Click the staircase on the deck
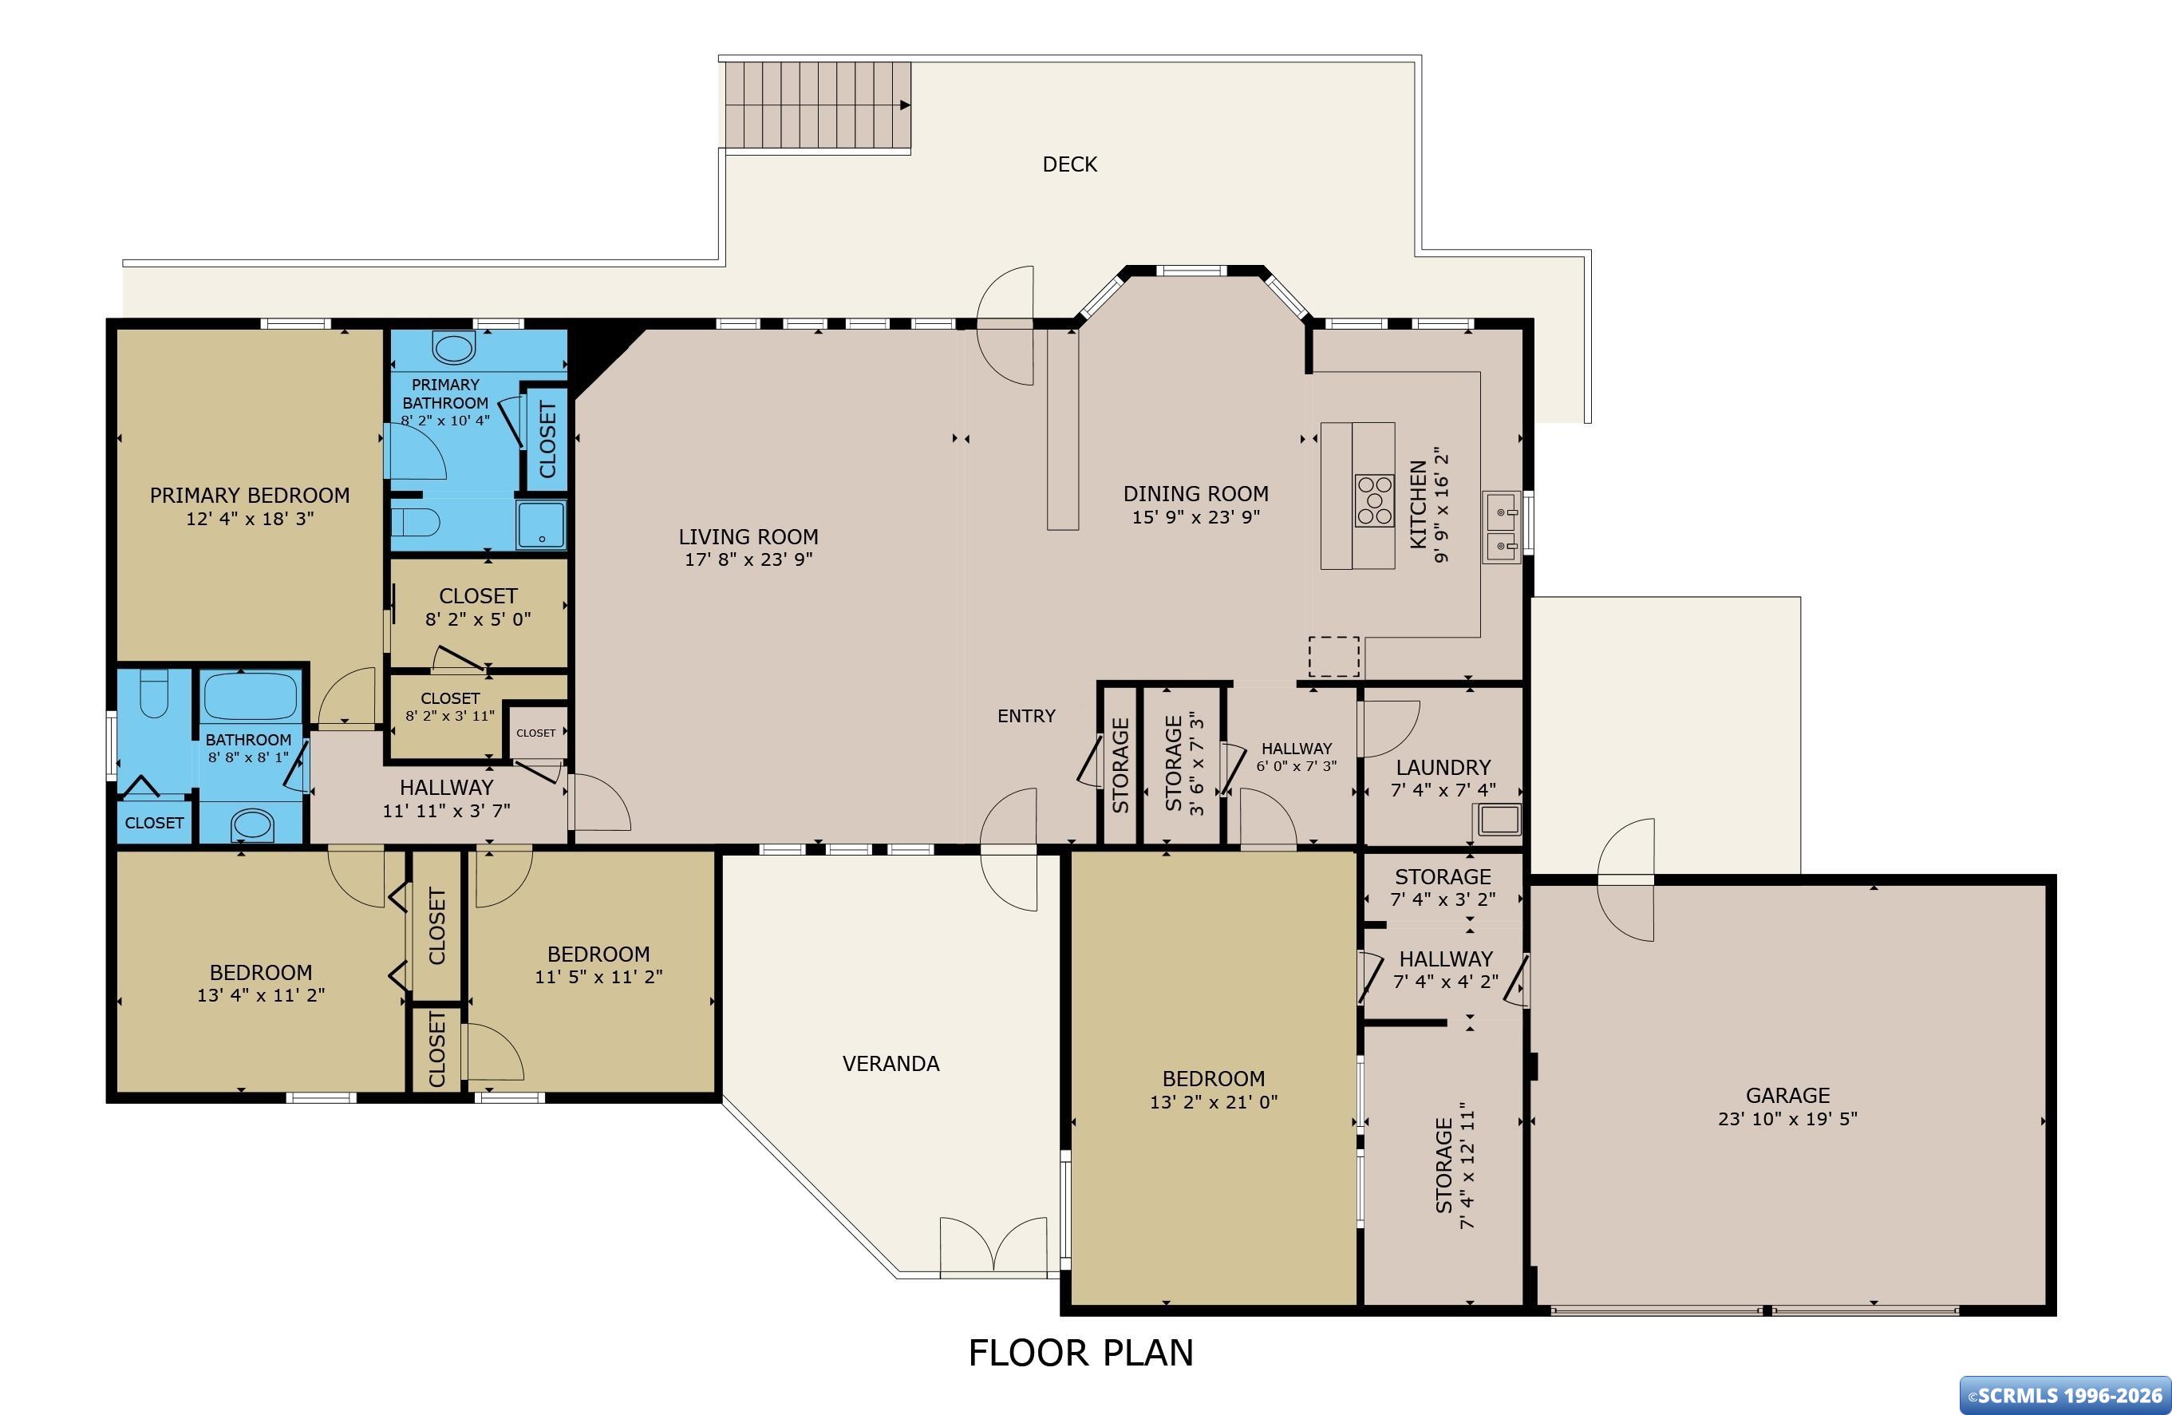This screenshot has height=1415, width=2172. coord(819,105)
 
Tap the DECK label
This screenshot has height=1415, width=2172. coord(1069,164)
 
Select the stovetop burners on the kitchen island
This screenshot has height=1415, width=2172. coord(1373,500)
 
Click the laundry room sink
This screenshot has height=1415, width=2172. coord(1499,820)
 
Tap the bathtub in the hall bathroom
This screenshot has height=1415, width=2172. coord(250,697)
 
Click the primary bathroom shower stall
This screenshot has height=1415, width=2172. coord(541,524)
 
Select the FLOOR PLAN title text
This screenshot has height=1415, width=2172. coord(1080,1353)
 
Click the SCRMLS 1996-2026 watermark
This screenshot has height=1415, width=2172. coord(2063,1395)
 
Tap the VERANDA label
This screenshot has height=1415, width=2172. coord(891,1064)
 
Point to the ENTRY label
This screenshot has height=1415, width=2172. coord(1026,716)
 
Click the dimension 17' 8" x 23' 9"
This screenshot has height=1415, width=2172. coord(748,559)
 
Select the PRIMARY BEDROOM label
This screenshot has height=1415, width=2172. coord(250,496)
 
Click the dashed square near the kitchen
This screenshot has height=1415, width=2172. coord(1334,656)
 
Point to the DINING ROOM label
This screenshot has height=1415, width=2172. coord(1195,494)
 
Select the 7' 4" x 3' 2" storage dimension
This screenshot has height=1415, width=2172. coord(1443,899)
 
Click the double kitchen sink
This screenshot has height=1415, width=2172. coord(1501,528)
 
